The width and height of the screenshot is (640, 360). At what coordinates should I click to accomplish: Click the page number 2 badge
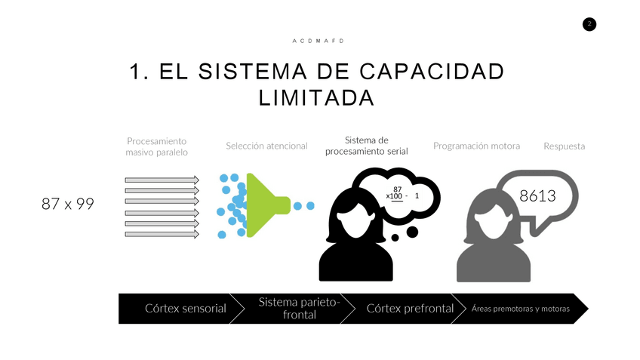coord(589,24)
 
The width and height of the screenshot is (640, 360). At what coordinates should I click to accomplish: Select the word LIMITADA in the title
coord(316,98)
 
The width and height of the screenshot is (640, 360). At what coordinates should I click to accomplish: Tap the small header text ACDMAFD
coord(318,41)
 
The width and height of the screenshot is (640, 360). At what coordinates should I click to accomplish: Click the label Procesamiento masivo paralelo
coord(157,146)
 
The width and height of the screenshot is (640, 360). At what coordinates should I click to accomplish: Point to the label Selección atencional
coord(266,146)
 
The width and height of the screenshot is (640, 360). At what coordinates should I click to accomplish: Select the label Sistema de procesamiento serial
coord(366,146)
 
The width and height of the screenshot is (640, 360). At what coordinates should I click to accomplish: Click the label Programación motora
coord(476,146)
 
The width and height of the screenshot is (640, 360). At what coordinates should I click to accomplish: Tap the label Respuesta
coord(564,146)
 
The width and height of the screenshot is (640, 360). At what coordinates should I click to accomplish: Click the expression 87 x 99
coord(68,204)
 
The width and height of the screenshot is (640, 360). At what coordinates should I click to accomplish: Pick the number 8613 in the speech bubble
coord(537,196)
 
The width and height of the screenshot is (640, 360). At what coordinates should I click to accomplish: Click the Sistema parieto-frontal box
coord(300,308)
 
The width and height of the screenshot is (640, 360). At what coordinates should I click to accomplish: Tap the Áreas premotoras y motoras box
coord(521,309)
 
